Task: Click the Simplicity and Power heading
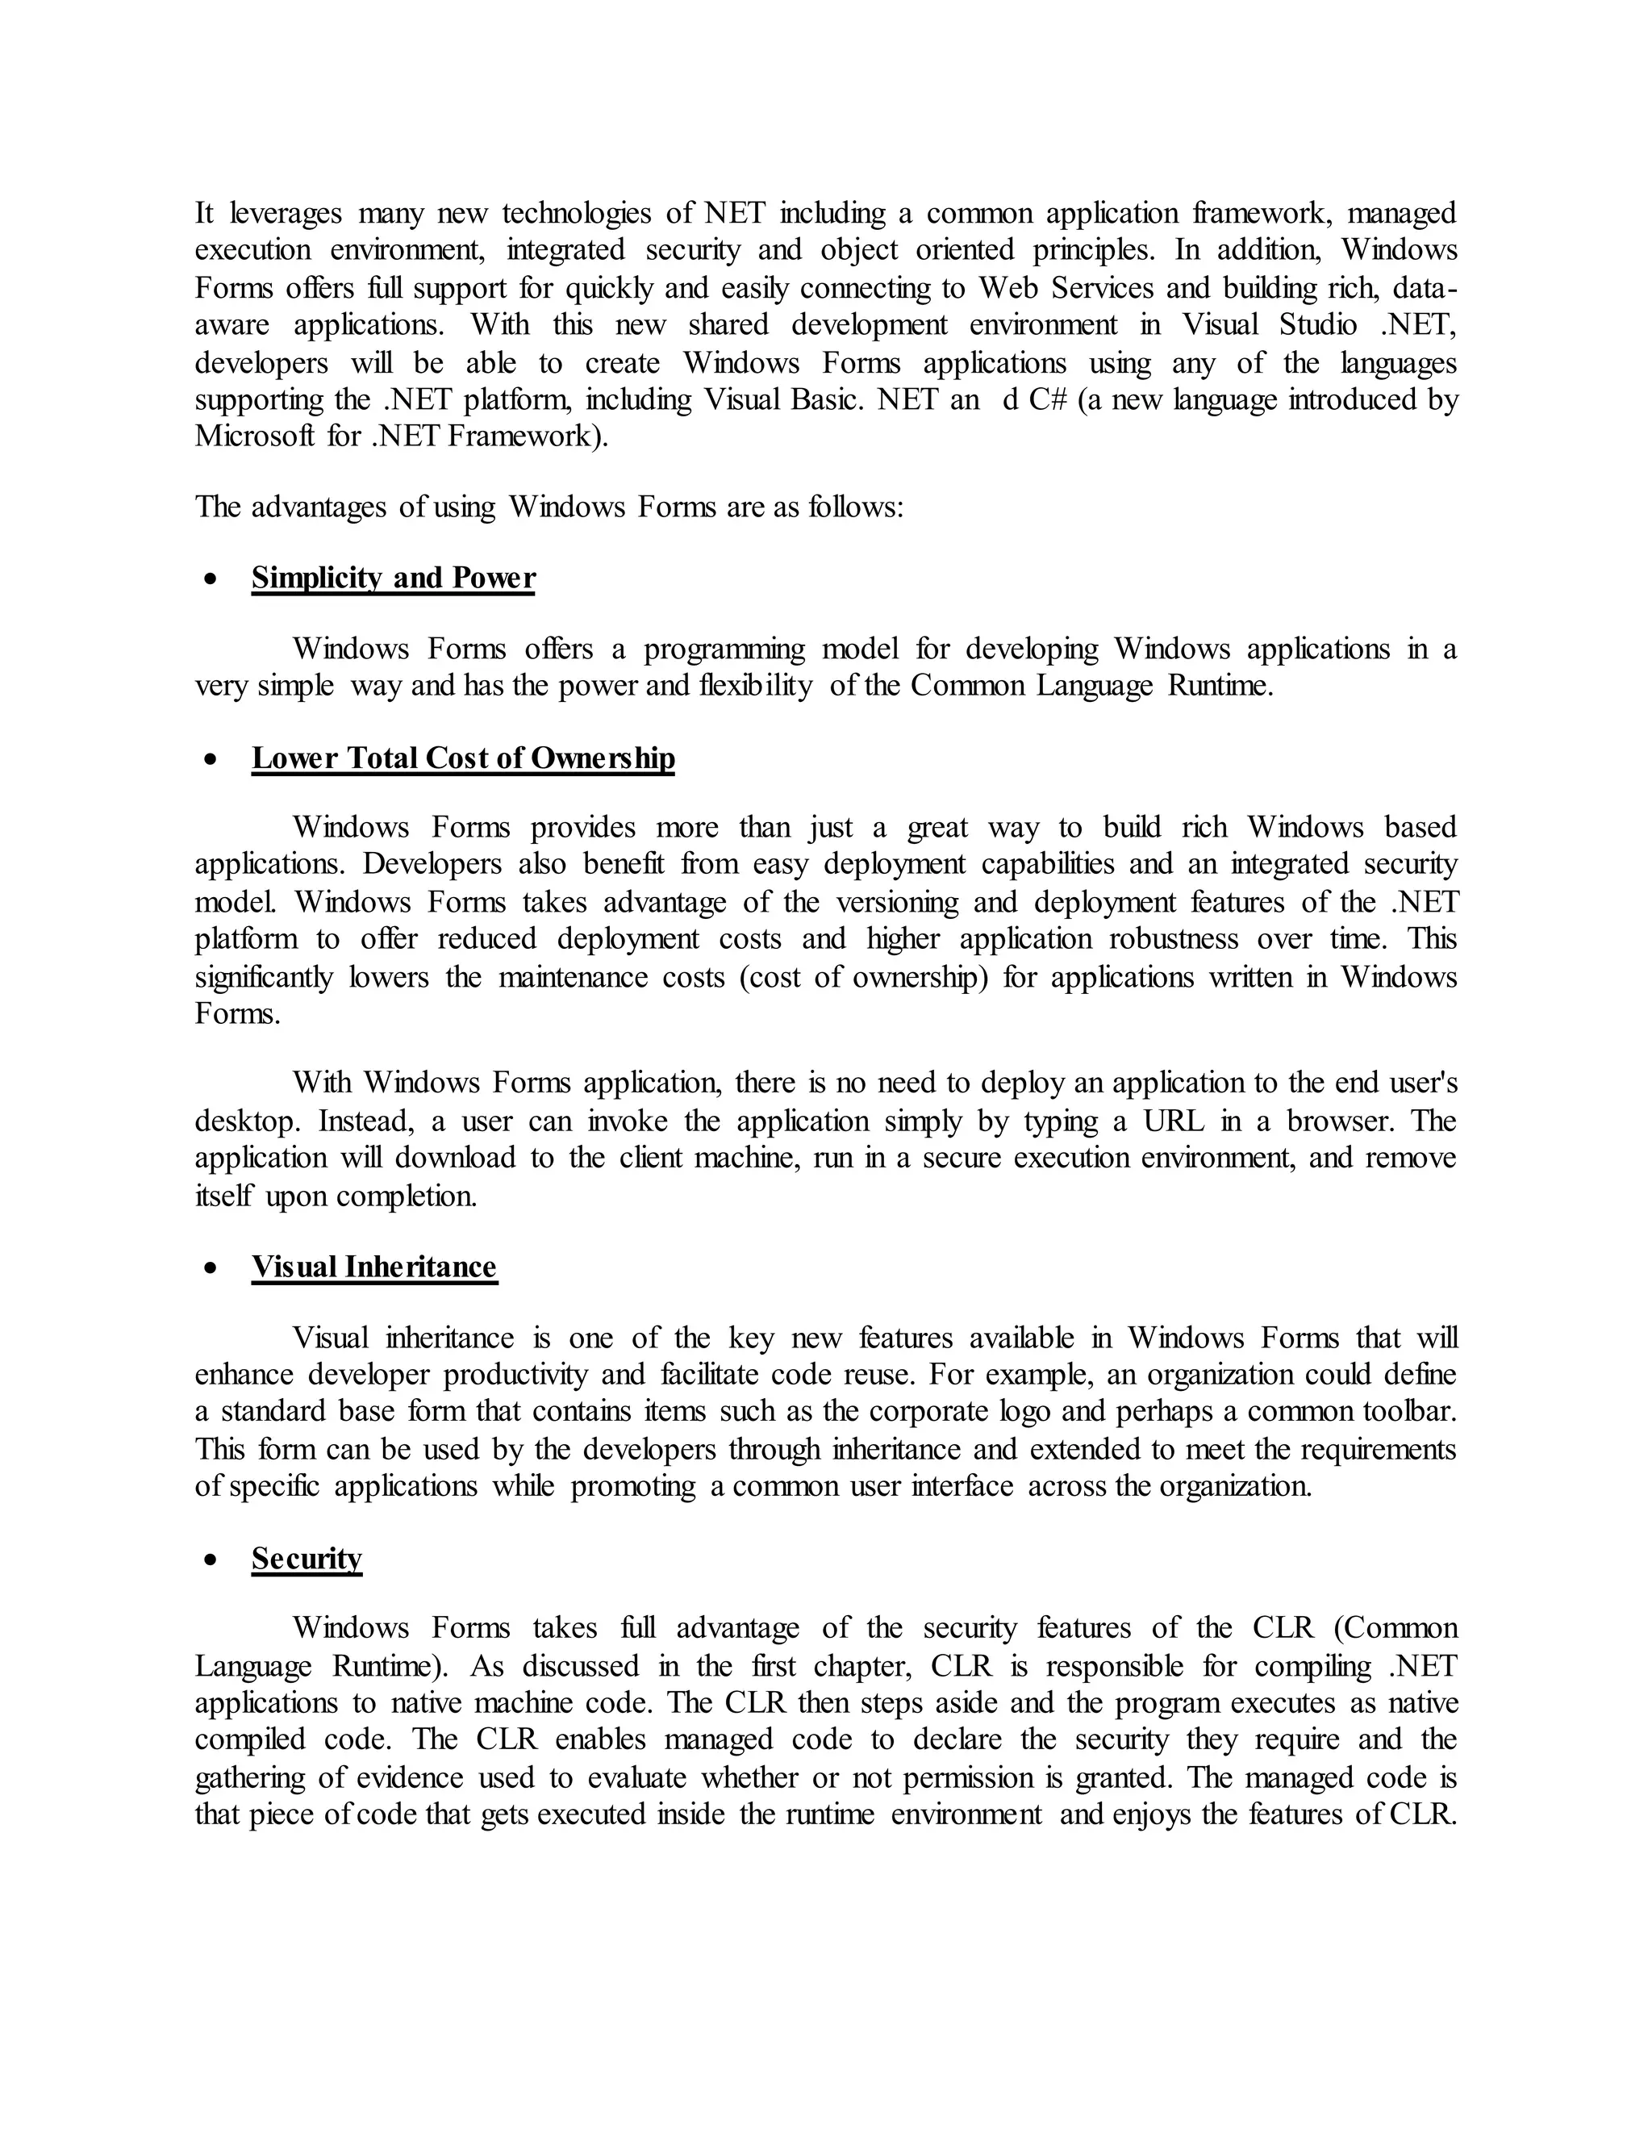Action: click(x=393, y=578)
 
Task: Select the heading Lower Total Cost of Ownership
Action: click(x=463, y=758)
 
